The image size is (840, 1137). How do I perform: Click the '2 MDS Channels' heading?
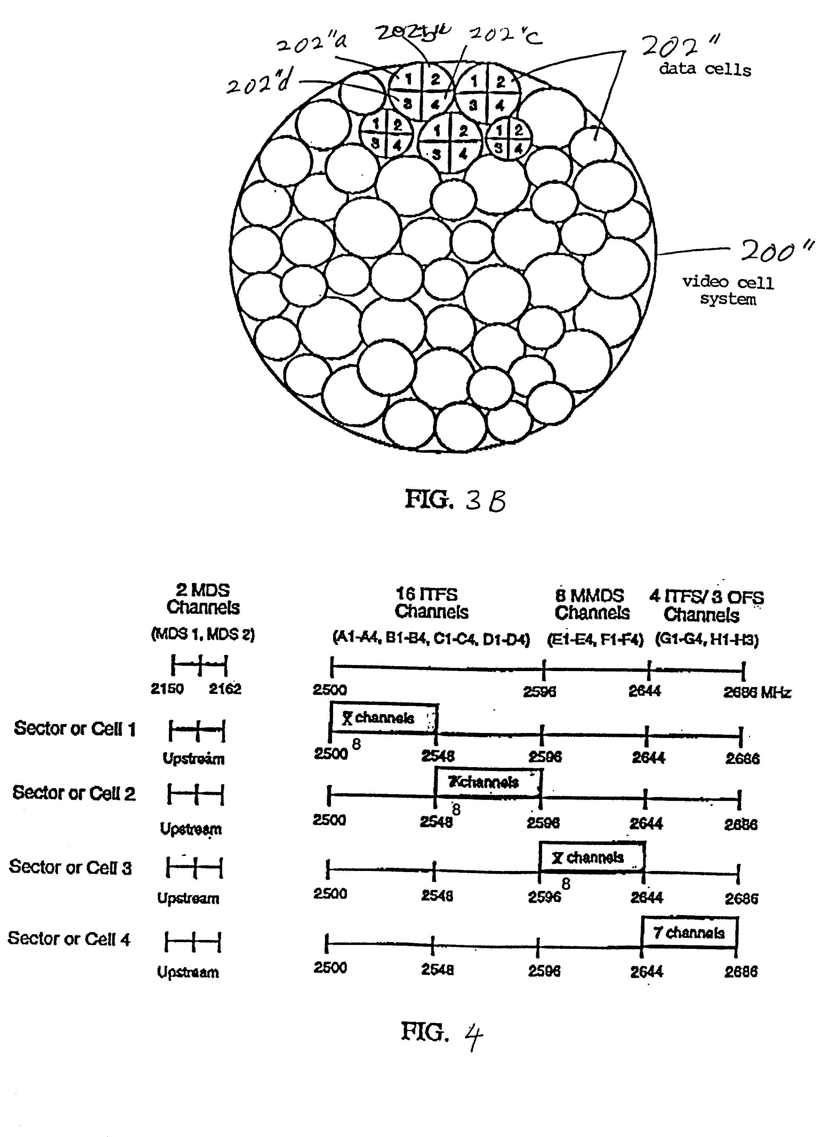(x=203, y=599)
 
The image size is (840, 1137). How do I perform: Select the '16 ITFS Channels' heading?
(x=431, y=603)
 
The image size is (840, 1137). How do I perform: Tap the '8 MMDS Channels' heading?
(x=592, y=604)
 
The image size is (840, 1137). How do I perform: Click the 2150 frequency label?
(x=167, y=689)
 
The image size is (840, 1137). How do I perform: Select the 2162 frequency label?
(x=225, y=689)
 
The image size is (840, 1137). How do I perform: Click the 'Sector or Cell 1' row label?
(x=75, y=728)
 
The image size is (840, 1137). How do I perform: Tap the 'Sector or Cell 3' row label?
(x=70, y=867)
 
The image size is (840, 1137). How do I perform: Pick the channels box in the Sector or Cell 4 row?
(x=689, y=933)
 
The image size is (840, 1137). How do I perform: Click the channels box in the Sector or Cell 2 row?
(x=488, y=782)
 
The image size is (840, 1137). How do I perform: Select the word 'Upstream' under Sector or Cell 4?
(x=188, y=972)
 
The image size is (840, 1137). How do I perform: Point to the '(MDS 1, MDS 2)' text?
(x=203, y=634)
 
